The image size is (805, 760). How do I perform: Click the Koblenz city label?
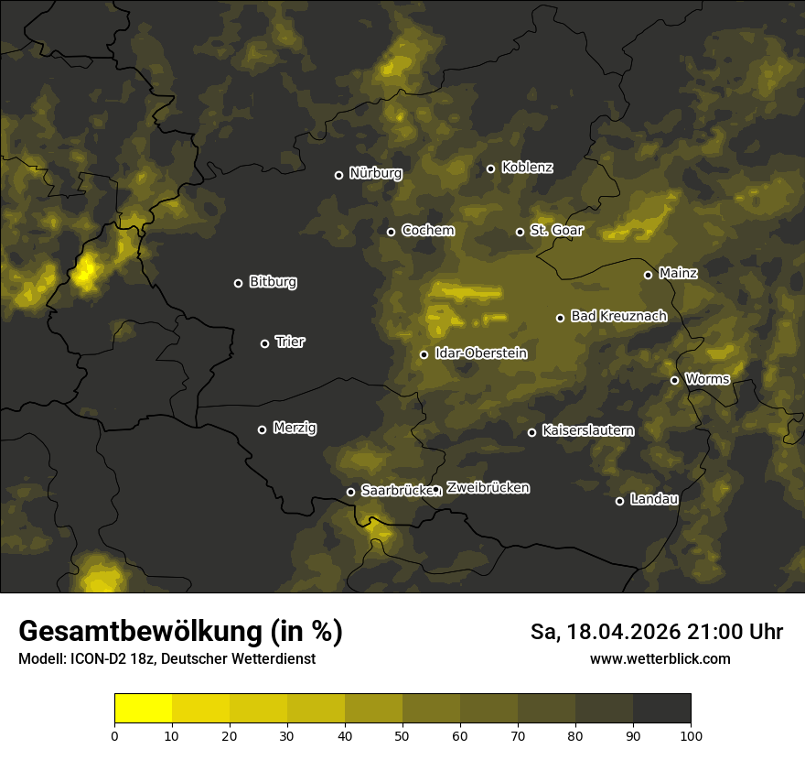tap(527, 168)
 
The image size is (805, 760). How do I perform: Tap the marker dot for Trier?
tap(265, 343)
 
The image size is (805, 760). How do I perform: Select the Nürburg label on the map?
tap(375, 173)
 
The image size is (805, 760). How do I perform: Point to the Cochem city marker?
tap(391, 232)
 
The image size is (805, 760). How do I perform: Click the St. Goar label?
tap(556, 230)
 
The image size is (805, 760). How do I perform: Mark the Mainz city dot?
tap(648, 275)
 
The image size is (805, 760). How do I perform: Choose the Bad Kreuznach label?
tap(618, 316)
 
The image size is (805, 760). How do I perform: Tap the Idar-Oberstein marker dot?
tap(424, 354)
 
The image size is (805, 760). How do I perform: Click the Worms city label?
tap(707, 378)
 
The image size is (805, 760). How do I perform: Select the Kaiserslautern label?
tap(587, 430)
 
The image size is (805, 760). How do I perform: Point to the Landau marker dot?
tap(619, 501)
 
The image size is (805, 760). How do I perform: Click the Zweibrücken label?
tap(488, 488)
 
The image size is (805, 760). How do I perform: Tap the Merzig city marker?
tap(262, 429)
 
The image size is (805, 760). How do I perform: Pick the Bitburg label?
tap(273, 282)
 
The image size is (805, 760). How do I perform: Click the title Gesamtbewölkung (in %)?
tap(180, 631)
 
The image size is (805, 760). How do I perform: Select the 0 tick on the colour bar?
tap(114, 735)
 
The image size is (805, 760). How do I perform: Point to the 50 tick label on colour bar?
tap(402, 735)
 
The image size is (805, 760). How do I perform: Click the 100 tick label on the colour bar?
tap(691, 735)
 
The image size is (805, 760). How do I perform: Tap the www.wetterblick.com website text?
tap(660, 658)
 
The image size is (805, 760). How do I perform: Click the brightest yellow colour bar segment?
tap(143, 709)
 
